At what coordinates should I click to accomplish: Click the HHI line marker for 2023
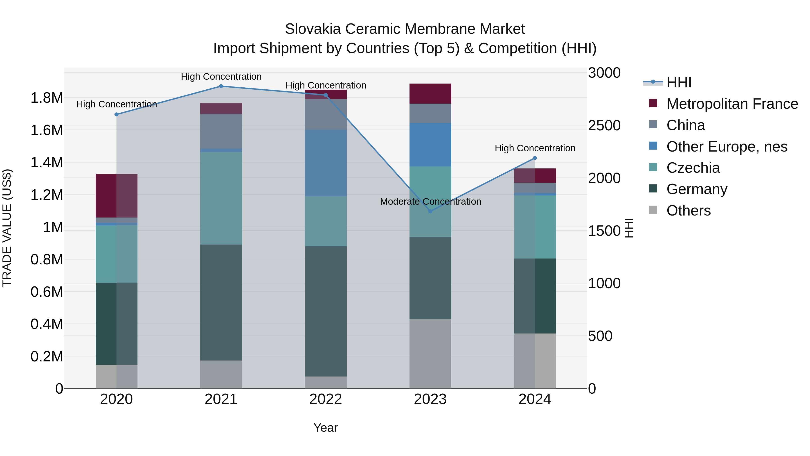point(430,211)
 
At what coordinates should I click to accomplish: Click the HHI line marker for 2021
point(221,86)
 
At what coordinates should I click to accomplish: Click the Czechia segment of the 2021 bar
point(221,198)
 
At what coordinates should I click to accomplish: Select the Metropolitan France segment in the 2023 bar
point(430,93)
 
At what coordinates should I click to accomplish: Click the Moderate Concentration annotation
point(430,201)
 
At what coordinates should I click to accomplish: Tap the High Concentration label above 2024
point(535,148)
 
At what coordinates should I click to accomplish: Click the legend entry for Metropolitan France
point(732,104)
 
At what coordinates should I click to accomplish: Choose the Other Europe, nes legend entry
point(727,147)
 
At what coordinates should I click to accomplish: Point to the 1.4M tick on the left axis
point(47,163)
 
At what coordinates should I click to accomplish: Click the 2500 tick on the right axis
point(604,126)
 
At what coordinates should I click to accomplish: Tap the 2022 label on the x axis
point(326,399)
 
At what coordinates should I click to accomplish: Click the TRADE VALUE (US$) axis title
point(7,228)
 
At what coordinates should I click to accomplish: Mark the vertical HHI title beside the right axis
point(629,228)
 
